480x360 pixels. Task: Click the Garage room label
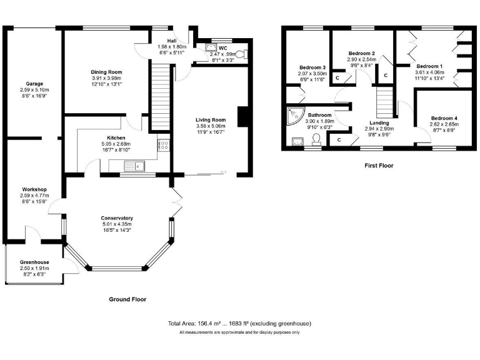34,83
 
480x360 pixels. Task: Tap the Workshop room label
34,189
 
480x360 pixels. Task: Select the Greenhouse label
34,262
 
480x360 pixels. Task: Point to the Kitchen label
116,137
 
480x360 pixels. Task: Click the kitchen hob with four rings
166,145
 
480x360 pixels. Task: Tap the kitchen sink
134,166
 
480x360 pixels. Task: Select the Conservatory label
117,217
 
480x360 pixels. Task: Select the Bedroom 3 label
312,67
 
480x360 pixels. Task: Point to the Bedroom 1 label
429,66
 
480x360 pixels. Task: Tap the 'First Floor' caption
379,166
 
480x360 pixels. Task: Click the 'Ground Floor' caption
127,299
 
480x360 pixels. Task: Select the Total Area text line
239,323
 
